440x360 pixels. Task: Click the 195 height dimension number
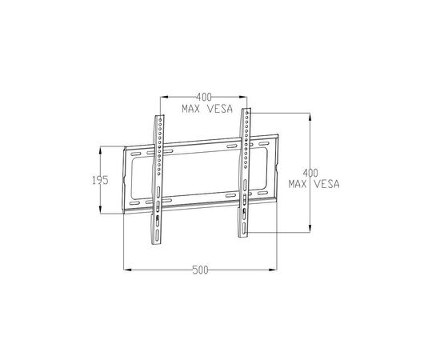(x=99, y=181)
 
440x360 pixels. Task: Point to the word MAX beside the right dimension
(x=302, y=183)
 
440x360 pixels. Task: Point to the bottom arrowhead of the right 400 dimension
(x=310, y=233)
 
